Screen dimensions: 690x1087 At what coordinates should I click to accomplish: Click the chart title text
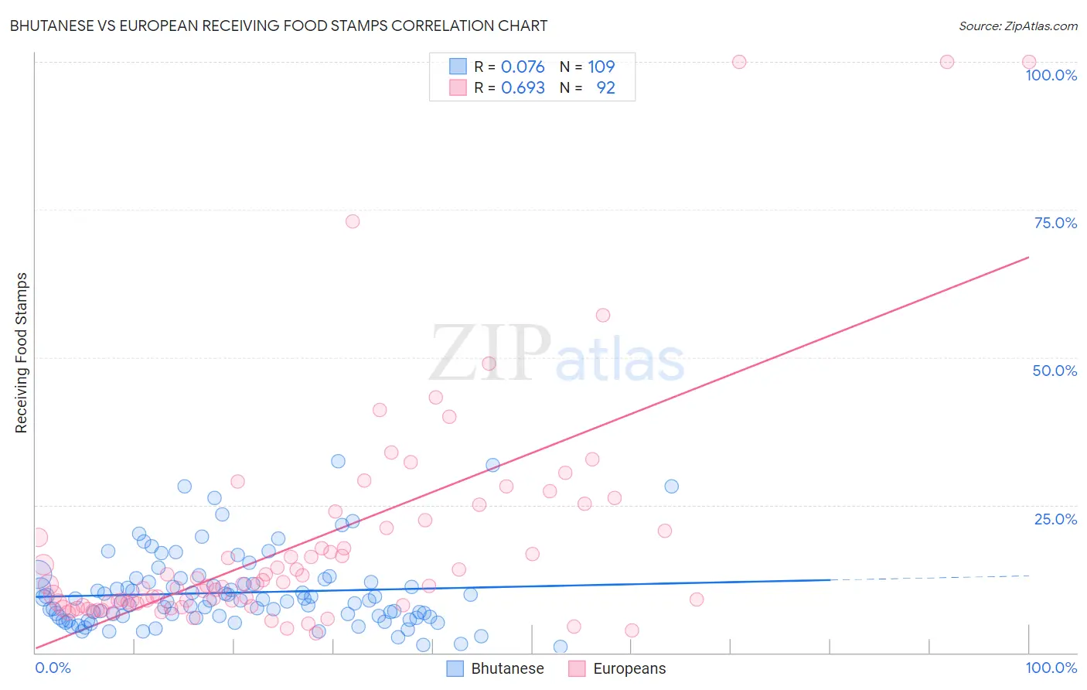click(x=278, y=26)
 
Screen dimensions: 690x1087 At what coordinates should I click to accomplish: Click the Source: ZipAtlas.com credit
click(x=1017, y=26)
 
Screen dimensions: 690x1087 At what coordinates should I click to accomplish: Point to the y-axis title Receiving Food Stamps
click(x=22, y=353)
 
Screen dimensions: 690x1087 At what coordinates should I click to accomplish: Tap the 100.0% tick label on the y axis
click(x=1051, y=75)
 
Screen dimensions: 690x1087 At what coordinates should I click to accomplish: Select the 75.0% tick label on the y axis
click(x=1055, y=223)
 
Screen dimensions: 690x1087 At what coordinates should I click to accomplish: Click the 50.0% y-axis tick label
click(x=1055, y=371)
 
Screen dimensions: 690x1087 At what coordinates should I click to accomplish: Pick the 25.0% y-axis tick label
click(x=1055, y=518)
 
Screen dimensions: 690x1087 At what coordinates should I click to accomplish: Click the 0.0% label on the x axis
click(x=53, y=668)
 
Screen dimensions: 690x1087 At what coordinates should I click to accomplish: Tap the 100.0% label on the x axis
click(x=1051, y=668)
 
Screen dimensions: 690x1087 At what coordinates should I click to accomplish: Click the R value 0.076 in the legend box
click(x=523, y=67)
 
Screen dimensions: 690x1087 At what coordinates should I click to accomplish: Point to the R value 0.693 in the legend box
click(x=523, y=87)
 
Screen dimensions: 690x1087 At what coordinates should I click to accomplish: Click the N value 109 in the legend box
click(x=601, y=67)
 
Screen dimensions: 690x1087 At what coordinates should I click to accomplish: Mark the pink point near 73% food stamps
click(x=353, y=221)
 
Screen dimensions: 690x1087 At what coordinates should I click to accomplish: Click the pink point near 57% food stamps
click(x=603, y=315)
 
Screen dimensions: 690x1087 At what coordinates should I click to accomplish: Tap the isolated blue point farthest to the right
click(x=671, y=487)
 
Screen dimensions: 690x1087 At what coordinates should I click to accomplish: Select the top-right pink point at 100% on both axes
click(x=1029, y=62)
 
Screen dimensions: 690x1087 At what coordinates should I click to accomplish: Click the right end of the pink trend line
click(x=1028, y=257)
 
